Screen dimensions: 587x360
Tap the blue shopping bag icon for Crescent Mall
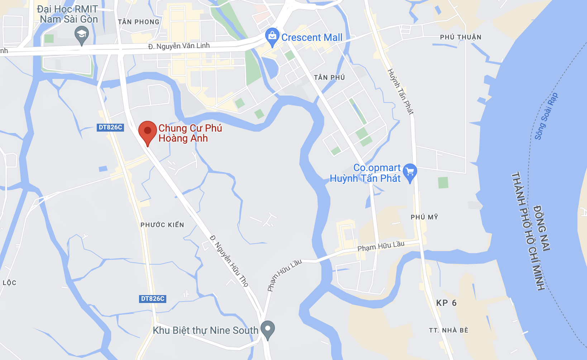pyautogui.click(x=272, y=36)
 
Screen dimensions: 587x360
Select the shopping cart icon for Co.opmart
pyautogui.click(x=410, y=172)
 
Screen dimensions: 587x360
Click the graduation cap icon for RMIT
pyautogui.click(x=82, y=35)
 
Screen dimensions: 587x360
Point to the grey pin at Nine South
pyautogui.click(x=267, y=329)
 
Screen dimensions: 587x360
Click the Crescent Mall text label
pyautogui.click(x=312, y=37)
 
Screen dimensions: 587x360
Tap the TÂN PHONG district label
pyautogui.click(x=139, y=22)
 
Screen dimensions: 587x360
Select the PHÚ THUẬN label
pyautogui.click(x=460, y=37)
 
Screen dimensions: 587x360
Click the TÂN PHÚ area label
pyautogui.click(x=329, y=77)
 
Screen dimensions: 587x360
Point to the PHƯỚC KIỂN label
pyautogui.click(x=162, y=225)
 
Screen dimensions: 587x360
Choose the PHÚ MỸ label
pyautogui.click(x=424, y=217)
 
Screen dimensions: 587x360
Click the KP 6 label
pyautogui.click(x=446, y=303)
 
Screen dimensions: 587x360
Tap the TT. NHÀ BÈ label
pyautogui.click(x=449, y=330)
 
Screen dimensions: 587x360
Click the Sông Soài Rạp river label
pyautogui.click(x=546, y=116)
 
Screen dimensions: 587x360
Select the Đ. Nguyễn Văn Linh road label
pyautogui.click(x=179, y=46)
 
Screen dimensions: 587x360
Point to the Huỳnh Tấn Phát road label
pyautogui.click(x=401, y=92)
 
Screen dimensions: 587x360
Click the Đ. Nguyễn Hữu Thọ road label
pyautogui.click(x=229, y=261)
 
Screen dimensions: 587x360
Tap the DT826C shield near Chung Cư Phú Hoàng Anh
pyautogui.click(x=110, y=127)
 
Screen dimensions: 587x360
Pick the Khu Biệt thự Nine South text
pyautogui.click(x=205, y=330)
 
